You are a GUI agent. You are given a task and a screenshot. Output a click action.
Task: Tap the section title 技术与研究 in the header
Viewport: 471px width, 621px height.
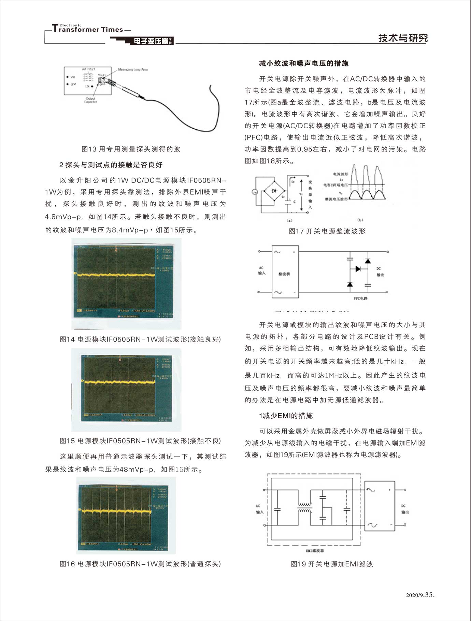click(403, 38)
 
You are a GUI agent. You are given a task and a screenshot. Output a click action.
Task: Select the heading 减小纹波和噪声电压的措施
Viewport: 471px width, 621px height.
click(303, 63)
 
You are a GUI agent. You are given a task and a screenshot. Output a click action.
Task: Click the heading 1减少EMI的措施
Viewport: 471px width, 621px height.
click(286, 416)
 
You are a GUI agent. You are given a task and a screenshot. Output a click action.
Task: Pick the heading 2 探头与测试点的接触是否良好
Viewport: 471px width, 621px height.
click(111, 165)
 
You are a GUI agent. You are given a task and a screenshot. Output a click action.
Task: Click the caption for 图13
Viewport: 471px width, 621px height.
click(131, 149)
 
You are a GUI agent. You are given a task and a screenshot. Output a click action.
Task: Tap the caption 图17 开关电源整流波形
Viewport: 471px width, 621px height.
click(327, 231)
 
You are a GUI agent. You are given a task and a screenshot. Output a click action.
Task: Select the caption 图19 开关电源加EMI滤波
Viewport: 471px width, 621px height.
click(332, 564)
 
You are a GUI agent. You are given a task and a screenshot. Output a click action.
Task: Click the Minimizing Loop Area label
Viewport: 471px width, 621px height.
click(133, 70)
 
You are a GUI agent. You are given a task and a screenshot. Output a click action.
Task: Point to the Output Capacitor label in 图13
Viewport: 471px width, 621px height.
click(90, 100)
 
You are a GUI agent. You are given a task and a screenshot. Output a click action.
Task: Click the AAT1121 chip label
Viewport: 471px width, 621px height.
click(88, 69)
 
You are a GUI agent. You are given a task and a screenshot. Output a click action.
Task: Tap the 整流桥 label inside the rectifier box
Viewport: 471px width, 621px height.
click(284, 274)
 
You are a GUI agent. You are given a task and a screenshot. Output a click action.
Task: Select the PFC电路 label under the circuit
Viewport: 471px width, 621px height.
click(360, 299)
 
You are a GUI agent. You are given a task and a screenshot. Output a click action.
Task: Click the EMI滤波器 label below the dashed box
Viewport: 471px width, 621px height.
click(315, 550)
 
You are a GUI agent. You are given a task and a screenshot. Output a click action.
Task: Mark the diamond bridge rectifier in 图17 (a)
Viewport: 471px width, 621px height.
click(274, 191)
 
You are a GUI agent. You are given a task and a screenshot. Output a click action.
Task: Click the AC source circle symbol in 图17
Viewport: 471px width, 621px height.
click(255, 192)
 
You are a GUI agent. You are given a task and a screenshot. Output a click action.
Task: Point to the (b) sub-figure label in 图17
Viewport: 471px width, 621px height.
click(360, 220)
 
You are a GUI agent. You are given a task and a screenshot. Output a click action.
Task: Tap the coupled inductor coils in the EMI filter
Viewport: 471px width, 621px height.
click(304, 507)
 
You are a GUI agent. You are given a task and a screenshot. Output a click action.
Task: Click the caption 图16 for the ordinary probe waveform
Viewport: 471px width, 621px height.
click(140, 564)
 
